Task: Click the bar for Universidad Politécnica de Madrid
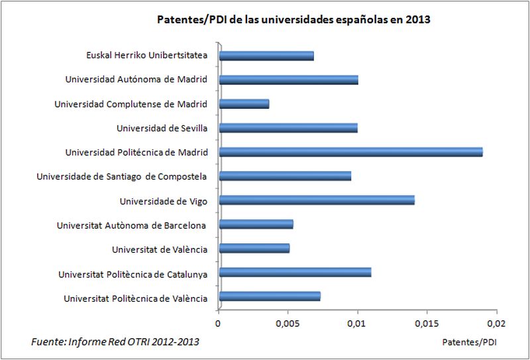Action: click(350, 152)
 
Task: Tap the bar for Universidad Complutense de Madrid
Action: click(244, 104)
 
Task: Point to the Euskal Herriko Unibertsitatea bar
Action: click(266, 56)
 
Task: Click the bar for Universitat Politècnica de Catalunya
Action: click(295, 272)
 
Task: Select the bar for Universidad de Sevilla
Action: click(288, 128)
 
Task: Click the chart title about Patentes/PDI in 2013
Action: click(293, 20)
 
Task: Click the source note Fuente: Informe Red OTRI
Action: click(115, 341)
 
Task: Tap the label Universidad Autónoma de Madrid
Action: click(136, 80)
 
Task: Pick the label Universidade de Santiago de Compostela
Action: click(122, 176)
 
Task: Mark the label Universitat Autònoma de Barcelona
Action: click(132, 225)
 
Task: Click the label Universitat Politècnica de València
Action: click(136, 298)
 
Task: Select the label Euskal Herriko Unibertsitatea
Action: click(147, 56)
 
